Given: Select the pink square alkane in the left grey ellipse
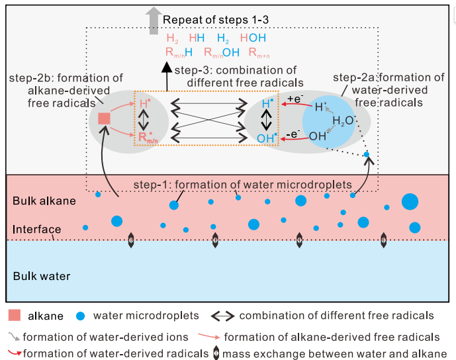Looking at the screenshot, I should click(x=104, y=118).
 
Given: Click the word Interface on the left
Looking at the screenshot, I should click(x=37, y=230).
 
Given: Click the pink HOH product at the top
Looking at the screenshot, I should click(x=253, y=39).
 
